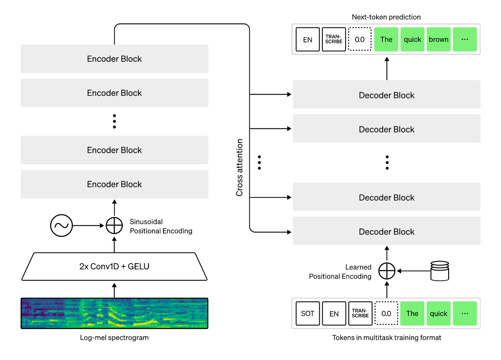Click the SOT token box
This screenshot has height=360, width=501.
308,313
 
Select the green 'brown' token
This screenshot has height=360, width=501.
439,39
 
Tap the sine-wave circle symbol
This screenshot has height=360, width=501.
61,226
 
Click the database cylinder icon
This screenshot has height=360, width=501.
439,270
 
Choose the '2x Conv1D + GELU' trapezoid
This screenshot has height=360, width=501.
114,266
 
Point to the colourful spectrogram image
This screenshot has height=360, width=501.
114,313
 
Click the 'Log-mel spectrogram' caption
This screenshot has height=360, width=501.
114,338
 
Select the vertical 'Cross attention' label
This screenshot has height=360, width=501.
240,167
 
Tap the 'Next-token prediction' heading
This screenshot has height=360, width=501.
386,17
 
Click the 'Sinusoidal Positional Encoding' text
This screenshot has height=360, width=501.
161,226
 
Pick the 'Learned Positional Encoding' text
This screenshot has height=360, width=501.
340,272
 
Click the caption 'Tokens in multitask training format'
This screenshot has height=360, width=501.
386,338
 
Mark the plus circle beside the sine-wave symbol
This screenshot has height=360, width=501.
114,226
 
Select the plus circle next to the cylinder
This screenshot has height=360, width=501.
387,271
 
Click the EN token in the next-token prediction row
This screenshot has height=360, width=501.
308,39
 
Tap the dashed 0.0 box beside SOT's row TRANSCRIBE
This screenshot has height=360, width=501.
386,313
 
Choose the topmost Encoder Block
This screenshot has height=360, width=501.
114,59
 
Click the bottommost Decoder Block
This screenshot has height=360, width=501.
386,231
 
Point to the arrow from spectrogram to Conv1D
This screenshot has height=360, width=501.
114,290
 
